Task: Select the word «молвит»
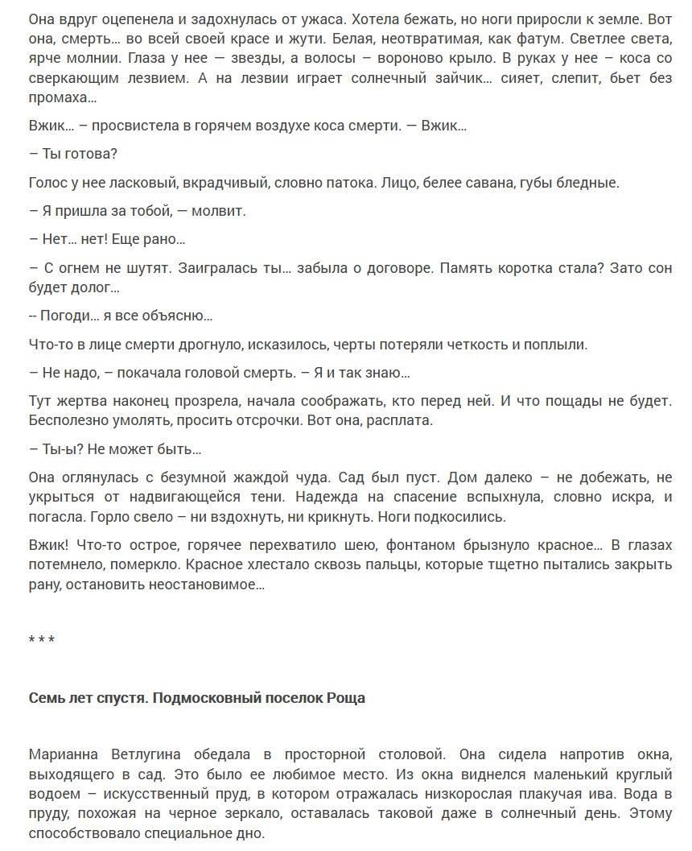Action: [218, 211]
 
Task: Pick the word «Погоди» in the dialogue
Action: [64, 316]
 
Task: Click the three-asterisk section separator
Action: [42, 641]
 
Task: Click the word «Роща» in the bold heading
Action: [346, 697]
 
